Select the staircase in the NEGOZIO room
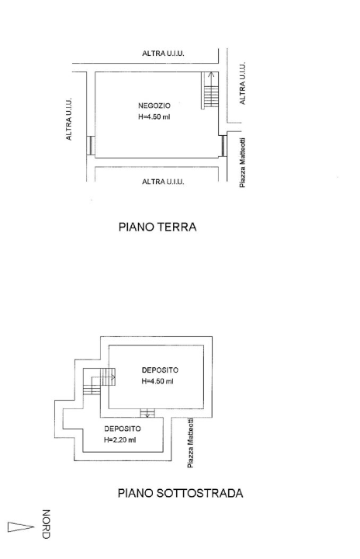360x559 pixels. tap(210, 91)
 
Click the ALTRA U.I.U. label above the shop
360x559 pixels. tap(163, 54)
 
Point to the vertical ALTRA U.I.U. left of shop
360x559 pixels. tap(69, 119)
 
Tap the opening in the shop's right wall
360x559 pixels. tap(223, 145)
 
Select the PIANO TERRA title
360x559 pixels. tap(157, 227)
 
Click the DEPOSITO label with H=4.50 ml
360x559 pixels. tap(161, 370)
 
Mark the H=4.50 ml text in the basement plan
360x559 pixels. tap(157, 382)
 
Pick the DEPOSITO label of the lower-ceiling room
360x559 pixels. tap(122, 428)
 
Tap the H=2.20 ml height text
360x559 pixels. tap(120, 440)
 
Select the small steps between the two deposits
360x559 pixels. tap(144, 413)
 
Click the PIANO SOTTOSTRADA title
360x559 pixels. tap(180, 492)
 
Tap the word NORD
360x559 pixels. tap(46, 524)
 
